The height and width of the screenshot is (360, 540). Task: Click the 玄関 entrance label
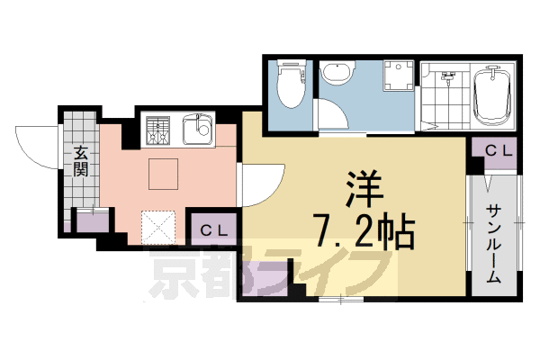[x=80, y=160]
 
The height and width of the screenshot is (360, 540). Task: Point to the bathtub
[x=493, y=97]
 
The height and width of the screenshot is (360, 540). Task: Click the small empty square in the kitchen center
[x=163, y=174]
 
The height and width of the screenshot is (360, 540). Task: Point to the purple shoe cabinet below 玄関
[x=90, y=221]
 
